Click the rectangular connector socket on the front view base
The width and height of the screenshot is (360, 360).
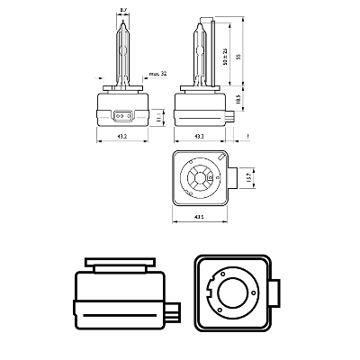point(122,115)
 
